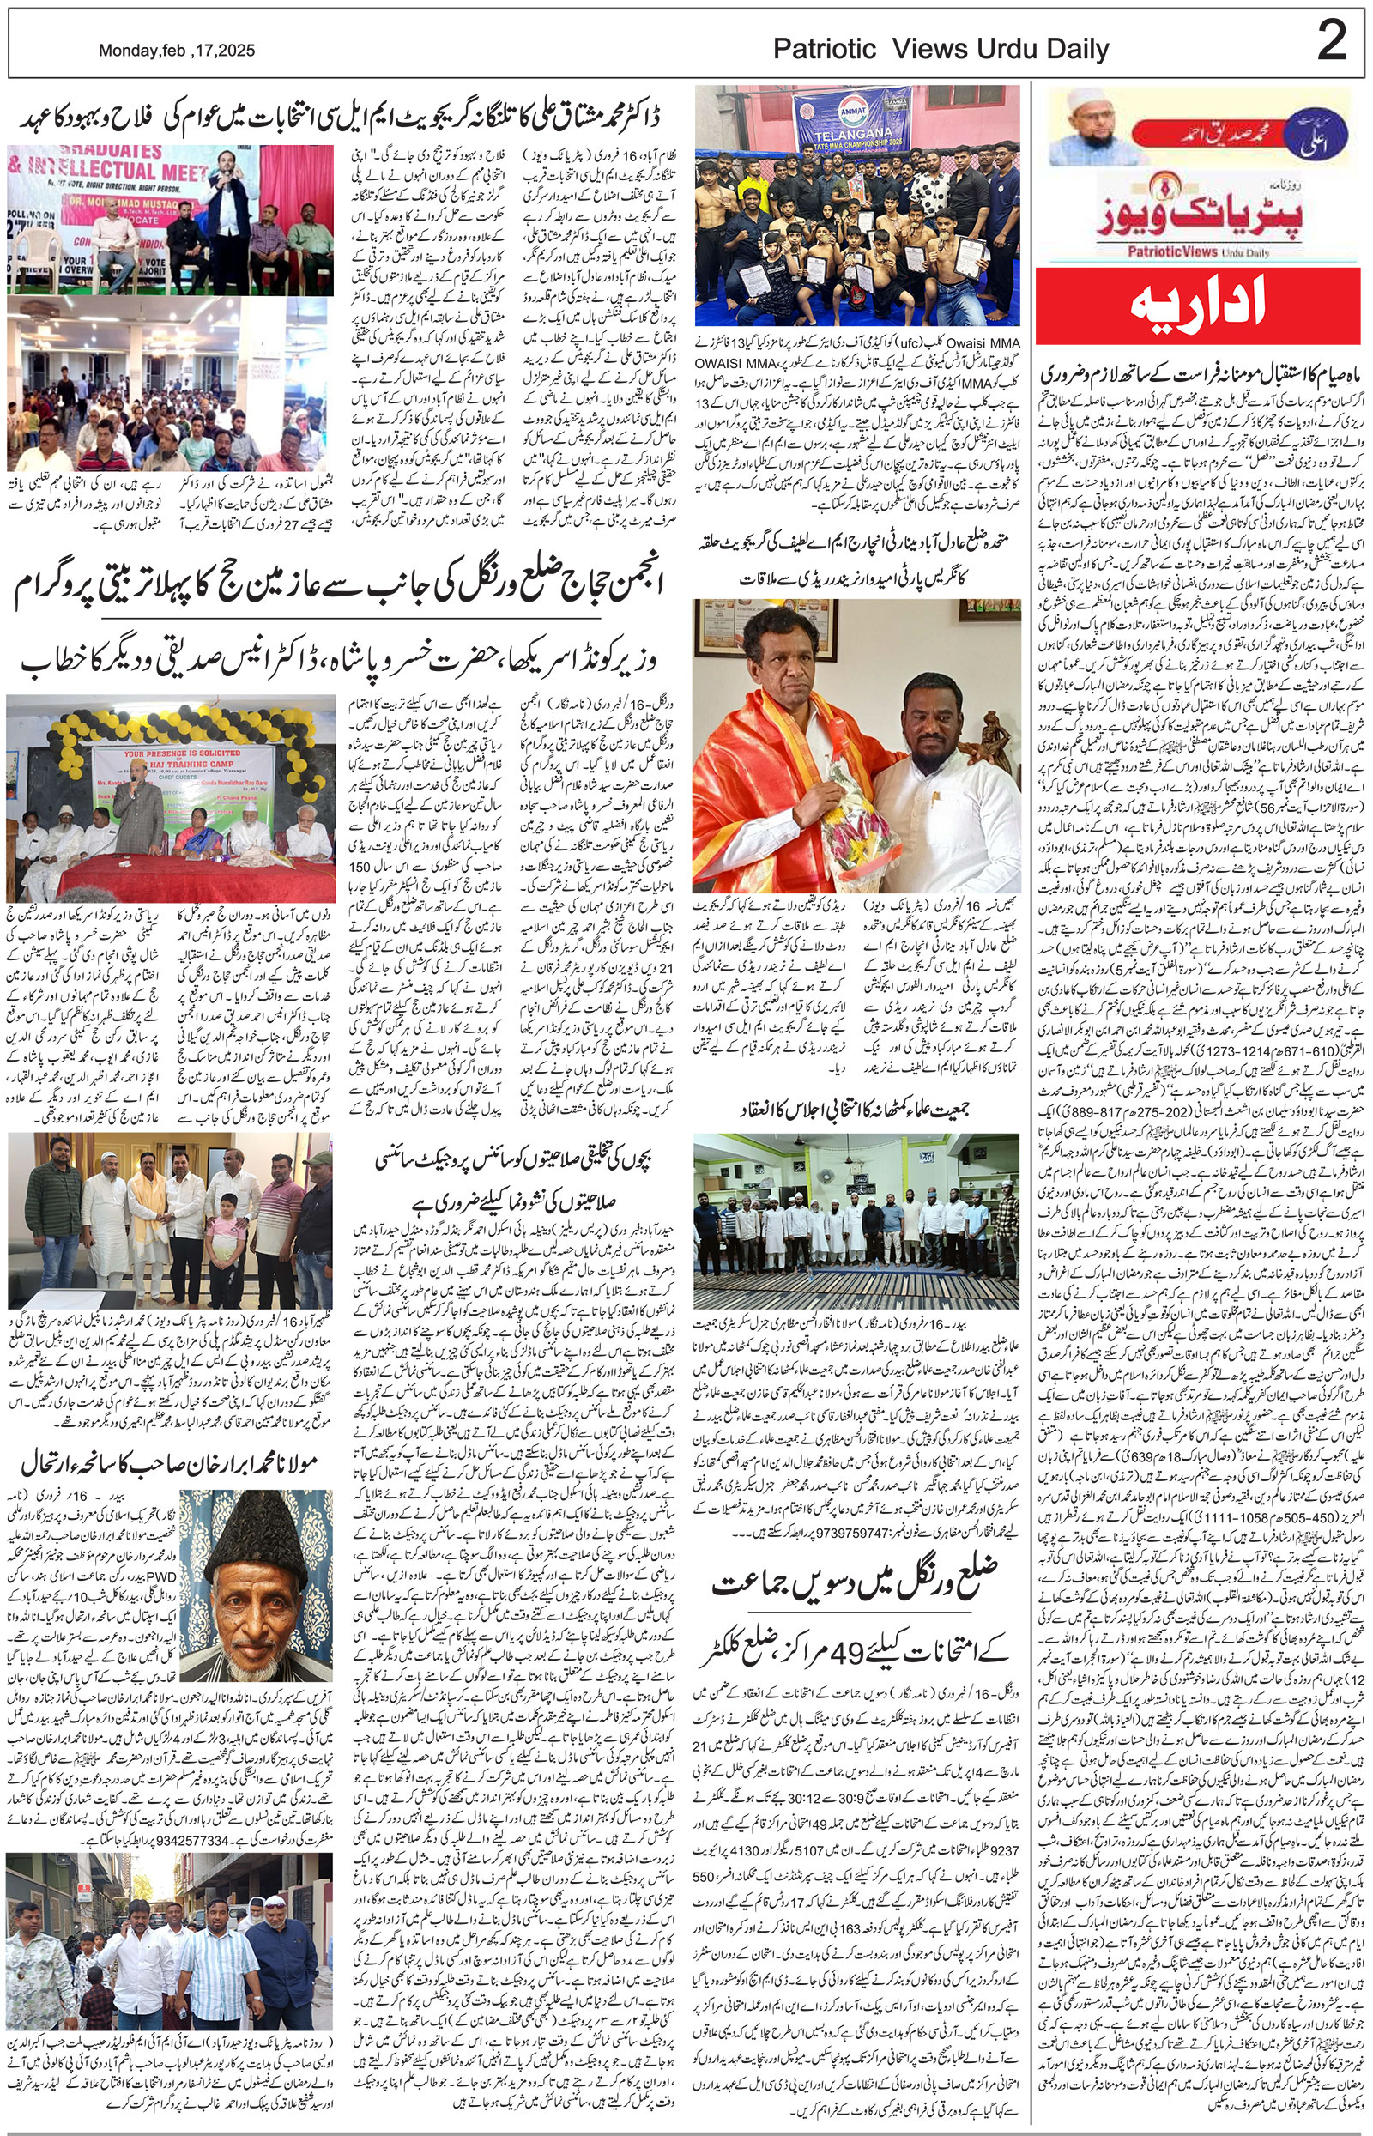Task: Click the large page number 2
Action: tap(1331, 42)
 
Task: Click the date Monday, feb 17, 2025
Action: tap(177, 51)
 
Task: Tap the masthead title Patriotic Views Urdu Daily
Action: tap(941, 50)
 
